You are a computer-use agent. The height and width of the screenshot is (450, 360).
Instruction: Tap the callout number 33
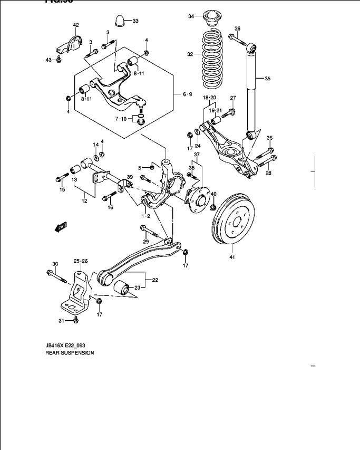tap(135, 21)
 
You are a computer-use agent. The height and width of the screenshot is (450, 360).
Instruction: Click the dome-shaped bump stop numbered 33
tap(120, 21)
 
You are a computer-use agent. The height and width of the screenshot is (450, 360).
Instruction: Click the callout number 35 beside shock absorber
tap(267, 79)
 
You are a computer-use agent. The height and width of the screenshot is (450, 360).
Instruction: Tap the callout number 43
tap(48, 60)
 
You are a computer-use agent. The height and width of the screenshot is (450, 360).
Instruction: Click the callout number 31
tap(61, 320)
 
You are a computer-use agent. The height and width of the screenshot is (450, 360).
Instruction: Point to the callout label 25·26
tap(81, 261)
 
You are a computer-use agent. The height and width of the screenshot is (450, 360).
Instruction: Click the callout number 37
tap(197, 155)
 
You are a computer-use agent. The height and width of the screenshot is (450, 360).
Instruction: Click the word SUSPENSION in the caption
tap(76, 353)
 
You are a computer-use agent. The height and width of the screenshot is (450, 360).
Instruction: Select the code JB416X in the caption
tap(54, 346)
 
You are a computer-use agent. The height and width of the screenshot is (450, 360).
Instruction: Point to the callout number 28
tap(268, 173)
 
